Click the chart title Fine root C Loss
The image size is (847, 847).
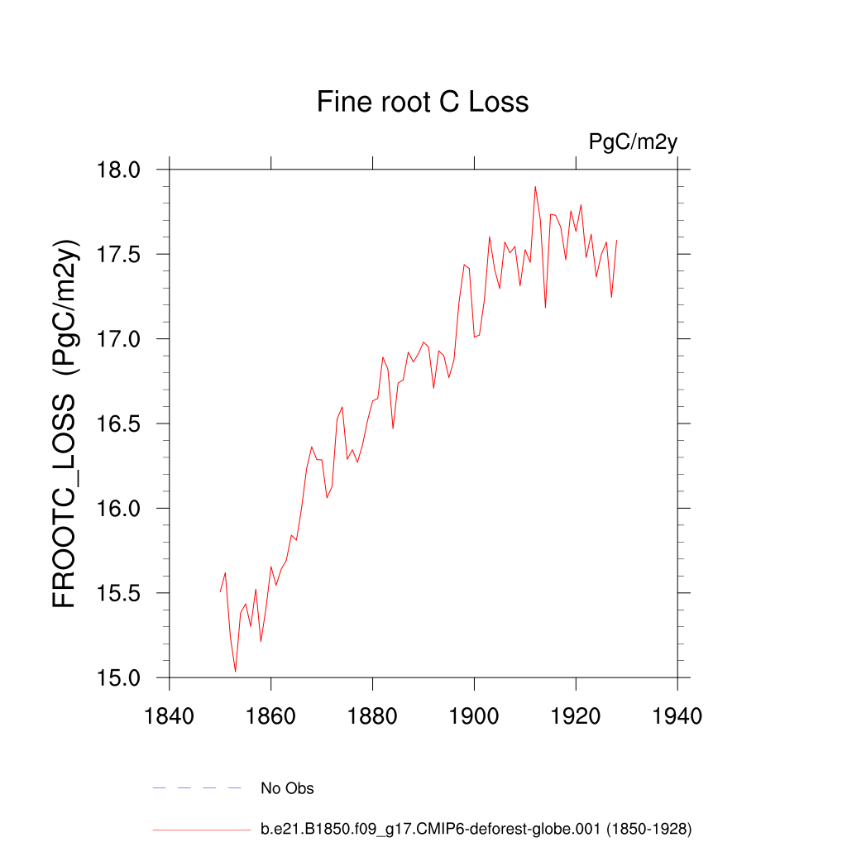point(423,103)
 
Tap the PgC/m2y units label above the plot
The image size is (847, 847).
point(633,142)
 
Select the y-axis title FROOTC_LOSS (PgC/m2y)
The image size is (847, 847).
point(65,423)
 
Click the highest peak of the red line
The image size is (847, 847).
point(535,187)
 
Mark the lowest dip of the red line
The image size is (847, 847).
point(236,671)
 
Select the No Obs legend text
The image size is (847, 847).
point(287,788)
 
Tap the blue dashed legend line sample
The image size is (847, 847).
point(197,788)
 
